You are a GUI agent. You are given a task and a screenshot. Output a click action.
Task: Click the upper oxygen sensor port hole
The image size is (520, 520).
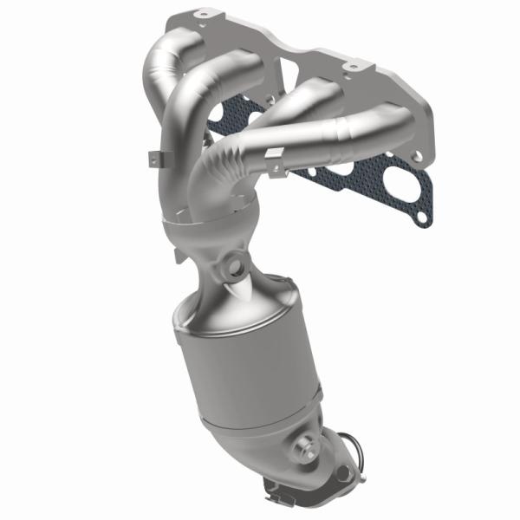click(233, 263)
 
